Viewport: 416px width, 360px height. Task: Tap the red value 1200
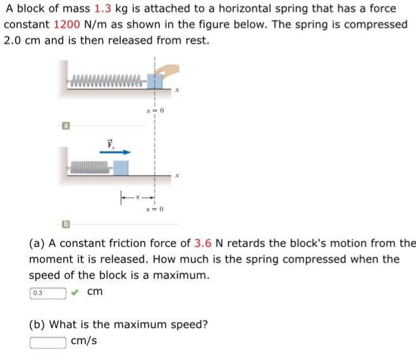pos(66,25)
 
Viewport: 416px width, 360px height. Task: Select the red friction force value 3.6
pos(204,243)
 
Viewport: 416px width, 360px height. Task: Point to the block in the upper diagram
pos(154,81)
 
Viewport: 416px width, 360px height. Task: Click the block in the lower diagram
pos(121,168)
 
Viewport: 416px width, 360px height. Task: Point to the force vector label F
pos(110,143)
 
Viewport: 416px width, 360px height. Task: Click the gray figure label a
pos(66,126)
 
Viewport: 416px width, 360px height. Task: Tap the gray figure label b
pos(66,223)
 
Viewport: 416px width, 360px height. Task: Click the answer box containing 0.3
pos(47,293)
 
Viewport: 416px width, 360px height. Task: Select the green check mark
pos(75,292)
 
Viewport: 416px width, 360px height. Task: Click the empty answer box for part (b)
pos(47,342)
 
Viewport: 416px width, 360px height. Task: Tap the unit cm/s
pos(84,342)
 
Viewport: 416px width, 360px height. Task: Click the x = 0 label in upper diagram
pos(155,111)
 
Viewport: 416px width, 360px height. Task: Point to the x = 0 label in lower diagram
pos(154,209)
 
